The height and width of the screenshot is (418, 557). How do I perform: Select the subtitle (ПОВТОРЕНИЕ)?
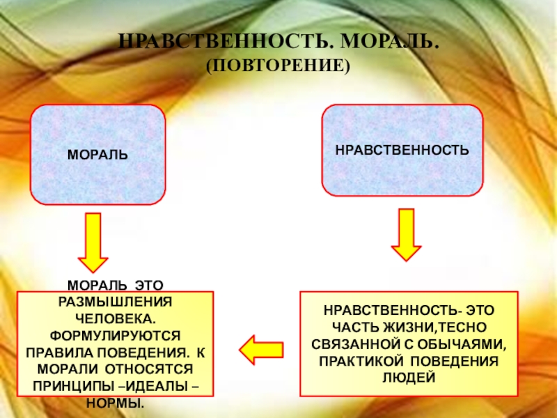[x=276, y=66]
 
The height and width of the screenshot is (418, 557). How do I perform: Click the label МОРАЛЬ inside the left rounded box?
[x=97, y=153]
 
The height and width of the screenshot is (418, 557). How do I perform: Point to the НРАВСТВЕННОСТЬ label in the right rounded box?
[x=402, y=149]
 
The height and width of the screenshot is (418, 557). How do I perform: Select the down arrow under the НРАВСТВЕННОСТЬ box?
[x=406, y=235]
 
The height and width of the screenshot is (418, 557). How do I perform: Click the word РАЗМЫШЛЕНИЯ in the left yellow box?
[x=115, y=301]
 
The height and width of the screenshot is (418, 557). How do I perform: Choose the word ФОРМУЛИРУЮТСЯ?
[x=115, y=334]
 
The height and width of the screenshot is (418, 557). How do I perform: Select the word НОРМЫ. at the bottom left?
[x=115, y=402]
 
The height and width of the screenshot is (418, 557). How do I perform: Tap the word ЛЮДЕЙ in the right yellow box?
[x=409, y=378]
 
